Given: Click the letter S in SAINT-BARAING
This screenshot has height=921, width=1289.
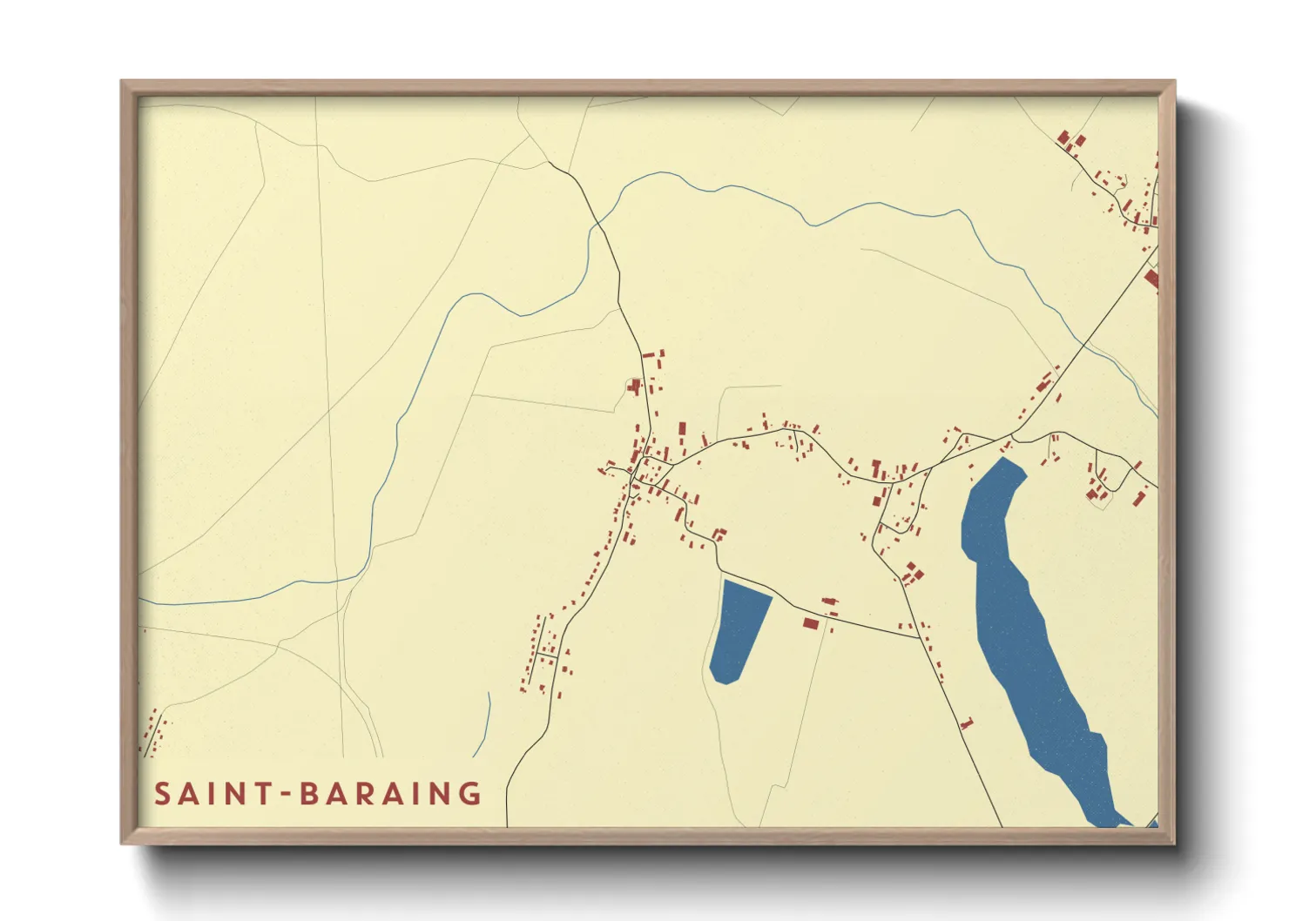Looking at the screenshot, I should (163, 794).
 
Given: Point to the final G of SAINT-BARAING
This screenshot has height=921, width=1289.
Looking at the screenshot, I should (471, 794).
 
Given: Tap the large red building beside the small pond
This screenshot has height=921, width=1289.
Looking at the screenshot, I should (811, 623).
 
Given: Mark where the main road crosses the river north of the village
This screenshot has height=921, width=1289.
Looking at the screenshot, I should (597, 225).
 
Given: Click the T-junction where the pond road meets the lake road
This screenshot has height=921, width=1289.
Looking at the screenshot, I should (919, 637).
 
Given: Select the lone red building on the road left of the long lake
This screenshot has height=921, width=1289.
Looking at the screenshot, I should (965, 723).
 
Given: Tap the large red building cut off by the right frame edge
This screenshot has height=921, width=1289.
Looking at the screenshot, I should (1152, 279).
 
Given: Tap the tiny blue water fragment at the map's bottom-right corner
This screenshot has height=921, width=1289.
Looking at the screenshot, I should (1153, 823).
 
